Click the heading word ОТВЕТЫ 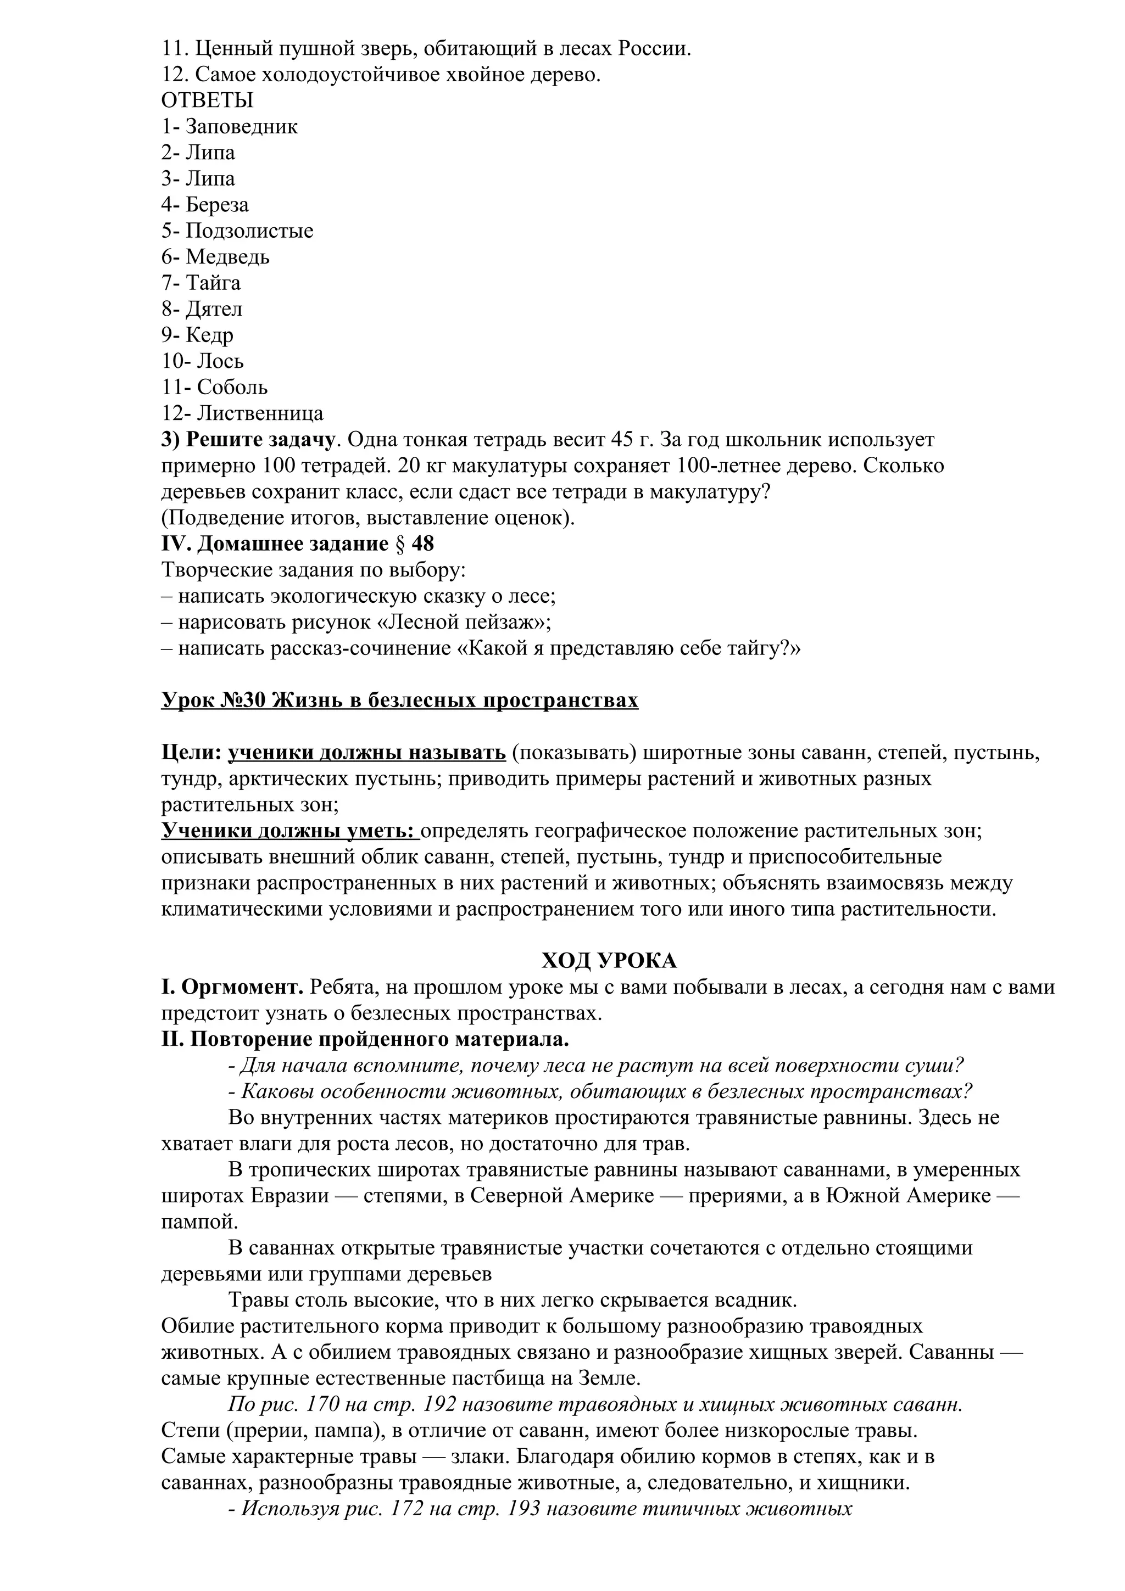tap(207, 101)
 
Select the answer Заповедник tap(241, 127)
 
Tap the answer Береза tap(217, 205)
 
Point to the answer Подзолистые tap(249, 231)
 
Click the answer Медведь tap(227, 257)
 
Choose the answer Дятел tap(214, 309)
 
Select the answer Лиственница tap(260, 414)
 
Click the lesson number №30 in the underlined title tap(246, 701)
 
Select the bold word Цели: tap(191, 753)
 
